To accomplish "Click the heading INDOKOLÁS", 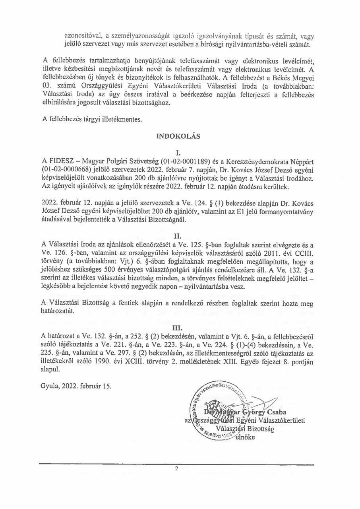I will coord(178,136).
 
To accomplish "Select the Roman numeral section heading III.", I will coord(178,328).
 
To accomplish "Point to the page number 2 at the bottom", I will coord(177,468).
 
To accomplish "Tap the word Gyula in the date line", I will coord(50,386).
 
